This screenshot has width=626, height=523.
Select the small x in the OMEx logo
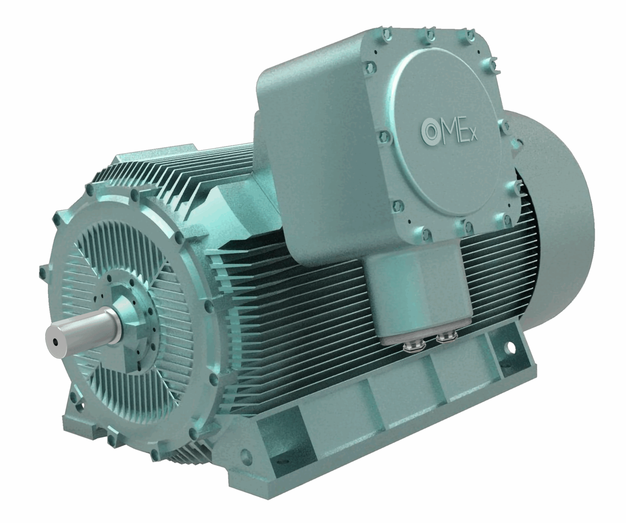click(473, 137)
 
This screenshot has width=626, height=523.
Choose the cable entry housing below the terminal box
click(419, 294)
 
